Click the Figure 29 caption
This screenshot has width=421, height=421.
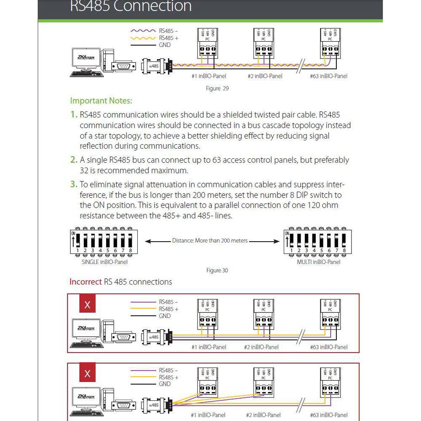tap(217, 88)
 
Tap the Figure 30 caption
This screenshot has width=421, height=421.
tap(217, 270)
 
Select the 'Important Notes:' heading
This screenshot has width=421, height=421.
tap(101, 101)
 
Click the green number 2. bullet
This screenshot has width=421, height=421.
tap(74, 160)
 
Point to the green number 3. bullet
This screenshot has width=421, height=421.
tap(74, 184)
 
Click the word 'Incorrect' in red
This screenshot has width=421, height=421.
tap(85, 282)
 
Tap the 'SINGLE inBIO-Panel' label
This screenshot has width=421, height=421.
tap(104, 262)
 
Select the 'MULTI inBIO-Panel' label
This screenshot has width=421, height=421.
tap(318, 262)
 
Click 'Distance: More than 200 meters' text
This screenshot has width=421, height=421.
tap(210, 241)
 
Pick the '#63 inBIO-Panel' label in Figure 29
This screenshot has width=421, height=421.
tap(329, 76)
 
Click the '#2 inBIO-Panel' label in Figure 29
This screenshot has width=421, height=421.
tap(265, 76)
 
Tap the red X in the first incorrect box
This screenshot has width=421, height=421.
tap(88, 304)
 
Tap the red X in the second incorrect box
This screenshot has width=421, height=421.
tap(88, 373)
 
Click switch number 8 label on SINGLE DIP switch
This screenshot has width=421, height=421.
tap(130, 250)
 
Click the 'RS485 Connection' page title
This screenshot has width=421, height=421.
tap(131, 6)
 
